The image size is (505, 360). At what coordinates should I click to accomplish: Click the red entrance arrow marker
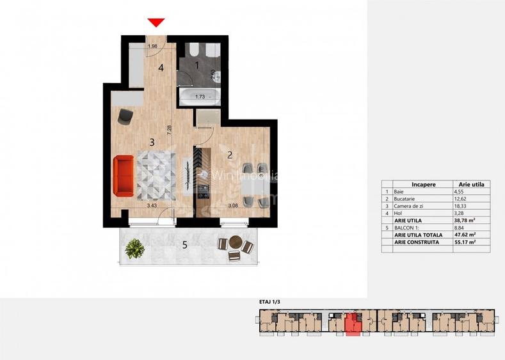156,23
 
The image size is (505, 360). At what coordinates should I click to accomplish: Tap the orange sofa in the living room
124,176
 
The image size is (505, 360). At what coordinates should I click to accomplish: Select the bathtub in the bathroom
198,97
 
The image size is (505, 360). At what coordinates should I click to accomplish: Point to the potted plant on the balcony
134,248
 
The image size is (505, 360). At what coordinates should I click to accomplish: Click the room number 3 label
152,142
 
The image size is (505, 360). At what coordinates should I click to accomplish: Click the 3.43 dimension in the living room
152,205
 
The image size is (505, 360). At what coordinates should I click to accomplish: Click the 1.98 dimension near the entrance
152,46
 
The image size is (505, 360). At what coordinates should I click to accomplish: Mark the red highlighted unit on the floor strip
353,324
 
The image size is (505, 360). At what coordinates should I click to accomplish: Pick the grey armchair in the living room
125,115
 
